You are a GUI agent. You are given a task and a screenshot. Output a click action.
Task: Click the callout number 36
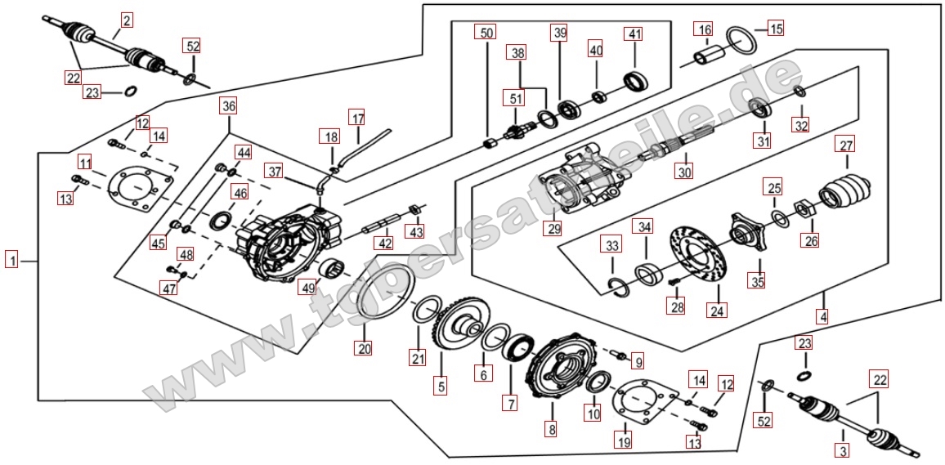coord(228,106)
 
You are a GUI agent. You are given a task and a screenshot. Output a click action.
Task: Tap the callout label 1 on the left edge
coord(11,261)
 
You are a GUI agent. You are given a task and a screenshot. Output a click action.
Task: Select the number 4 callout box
coord(823,316)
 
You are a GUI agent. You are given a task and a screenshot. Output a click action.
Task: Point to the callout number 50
coord(486,34)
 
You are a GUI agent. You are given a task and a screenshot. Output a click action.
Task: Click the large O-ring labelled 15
coord(740,39)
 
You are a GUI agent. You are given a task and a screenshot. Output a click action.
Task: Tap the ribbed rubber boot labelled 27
coord(846,193)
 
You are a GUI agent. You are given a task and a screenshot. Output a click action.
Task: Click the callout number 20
coord(364,348)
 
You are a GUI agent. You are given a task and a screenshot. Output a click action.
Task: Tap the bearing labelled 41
coord(636,82)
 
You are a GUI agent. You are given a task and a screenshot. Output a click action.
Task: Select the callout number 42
coord(384,243)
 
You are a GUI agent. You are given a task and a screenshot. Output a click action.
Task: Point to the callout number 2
coord(127,20)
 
